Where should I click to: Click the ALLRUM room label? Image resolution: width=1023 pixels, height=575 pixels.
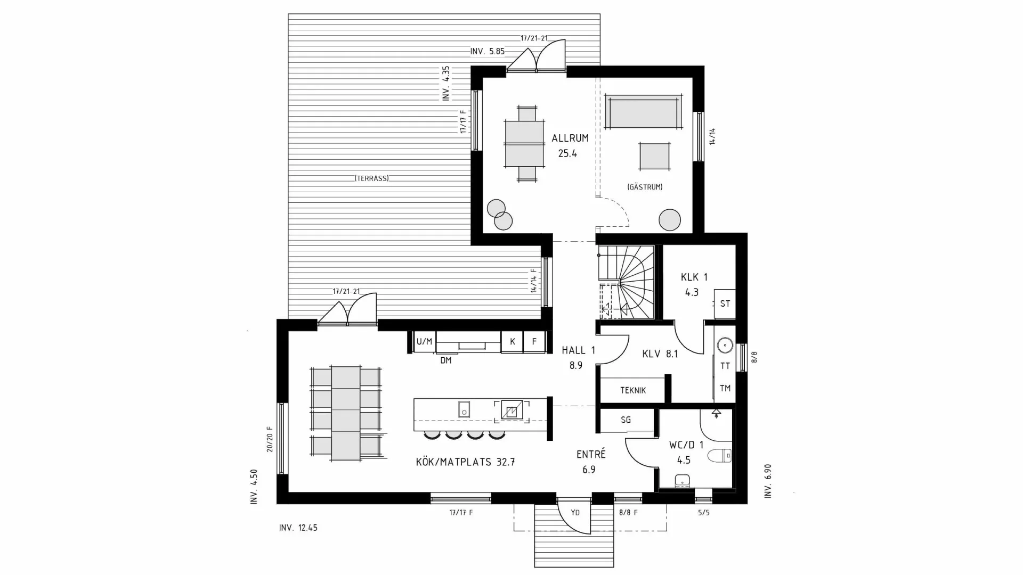(x=570, y=138)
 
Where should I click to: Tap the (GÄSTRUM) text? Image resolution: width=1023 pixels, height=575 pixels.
(x=645, y=187)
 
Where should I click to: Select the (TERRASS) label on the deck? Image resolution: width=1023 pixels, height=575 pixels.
(x=372, y=178)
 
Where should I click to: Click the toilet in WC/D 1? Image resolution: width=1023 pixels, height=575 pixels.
(x=720, y=456)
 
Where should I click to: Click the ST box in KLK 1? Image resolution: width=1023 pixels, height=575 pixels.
(x=725, y=304)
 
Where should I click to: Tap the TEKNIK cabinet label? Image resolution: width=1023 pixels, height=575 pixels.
(x=632, y=390)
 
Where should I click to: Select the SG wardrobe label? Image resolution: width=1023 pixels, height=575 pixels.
(x=626, y=420)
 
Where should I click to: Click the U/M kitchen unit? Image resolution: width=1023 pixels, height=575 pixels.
(x=424, y=342)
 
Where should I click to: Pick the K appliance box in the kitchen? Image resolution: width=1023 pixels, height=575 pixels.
(x=512, y=342)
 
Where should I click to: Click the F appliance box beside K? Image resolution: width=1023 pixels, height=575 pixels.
(x=534, y=342)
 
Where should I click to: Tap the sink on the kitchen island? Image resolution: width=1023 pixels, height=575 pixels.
(x=464, y=409)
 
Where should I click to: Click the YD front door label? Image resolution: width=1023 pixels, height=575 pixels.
(x=575, y=513)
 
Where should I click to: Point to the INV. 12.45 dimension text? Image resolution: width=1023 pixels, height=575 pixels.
(x=298, y=528)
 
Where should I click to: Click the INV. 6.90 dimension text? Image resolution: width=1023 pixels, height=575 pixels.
(x=768, y=481)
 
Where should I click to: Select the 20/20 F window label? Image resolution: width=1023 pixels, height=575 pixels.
(x=270, y=439)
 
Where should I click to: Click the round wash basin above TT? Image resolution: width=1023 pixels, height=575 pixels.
(x=725, y=346)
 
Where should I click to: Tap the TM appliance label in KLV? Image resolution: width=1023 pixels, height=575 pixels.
(x=725, y=388)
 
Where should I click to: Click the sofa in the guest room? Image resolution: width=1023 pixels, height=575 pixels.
(x=643, y=112)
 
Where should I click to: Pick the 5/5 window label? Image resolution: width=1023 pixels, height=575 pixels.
(x=703, y=513)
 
